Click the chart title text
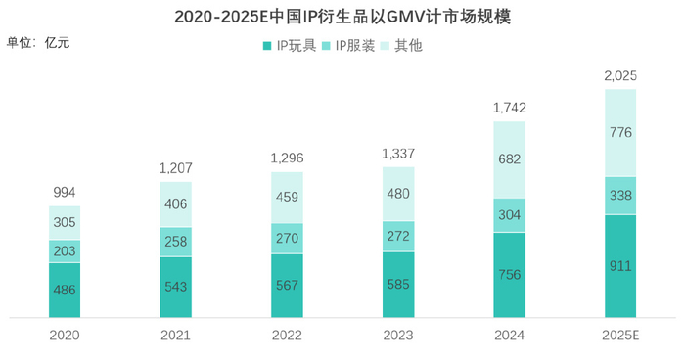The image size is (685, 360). pyautogui.click(x=342, y=18)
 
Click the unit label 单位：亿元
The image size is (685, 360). pyautogui.click(x=38, y=42)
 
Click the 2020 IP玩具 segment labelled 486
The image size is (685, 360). pyautogui.click(x=65, y=291)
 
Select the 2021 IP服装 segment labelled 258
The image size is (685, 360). pyautogui.click(x=175, y=242)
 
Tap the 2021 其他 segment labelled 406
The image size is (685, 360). pyautogui.click(x=175, y=204)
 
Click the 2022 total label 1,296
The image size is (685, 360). pyautogui.click(x=287, y=157)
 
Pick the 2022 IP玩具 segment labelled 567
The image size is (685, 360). pyautogui.click(x=287, y=286)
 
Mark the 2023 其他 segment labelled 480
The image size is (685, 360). pyautogui.click(x=398, y=194)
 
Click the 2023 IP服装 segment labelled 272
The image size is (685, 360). pyautogui.click(x=398, y=236)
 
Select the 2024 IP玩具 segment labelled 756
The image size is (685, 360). pyautogui.click(x=509, y=275)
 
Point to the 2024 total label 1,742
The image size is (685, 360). pyautogui.click(x=509, y=108)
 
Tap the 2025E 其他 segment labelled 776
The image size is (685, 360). pyautogui.click(x=620, y=133)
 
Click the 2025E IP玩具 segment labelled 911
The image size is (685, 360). pyautogui.click(x=620, y=266)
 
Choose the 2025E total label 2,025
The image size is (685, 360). pyautogui.click(x=620, y=75)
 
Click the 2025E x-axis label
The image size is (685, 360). pyautogui.click(x=620, y=335)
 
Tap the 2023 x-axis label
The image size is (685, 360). pyautogui.click(x=398, y=335)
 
